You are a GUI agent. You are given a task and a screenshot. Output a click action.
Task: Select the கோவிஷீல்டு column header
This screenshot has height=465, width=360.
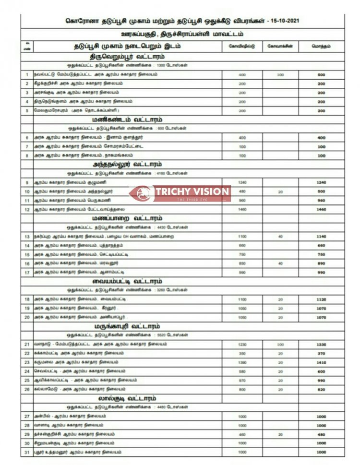(242, 47)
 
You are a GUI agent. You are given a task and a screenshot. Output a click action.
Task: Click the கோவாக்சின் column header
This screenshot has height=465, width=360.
(280, 47)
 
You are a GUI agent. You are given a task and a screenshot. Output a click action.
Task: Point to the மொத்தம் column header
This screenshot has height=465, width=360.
(321, 47)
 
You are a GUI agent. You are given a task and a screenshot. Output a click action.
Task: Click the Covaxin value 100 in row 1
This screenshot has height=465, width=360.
(280, 75)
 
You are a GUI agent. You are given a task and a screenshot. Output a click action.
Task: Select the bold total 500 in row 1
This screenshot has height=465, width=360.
(321, 75)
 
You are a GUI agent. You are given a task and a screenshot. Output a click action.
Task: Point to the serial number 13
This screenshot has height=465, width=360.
(27, 237)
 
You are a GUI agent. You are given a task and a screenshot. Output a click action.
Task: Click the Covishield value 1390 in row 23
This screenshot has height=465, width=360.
(242, 362)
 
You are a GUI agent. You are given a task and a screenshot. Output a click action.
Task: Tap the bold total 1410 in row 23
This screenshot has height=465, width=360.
(321, 362)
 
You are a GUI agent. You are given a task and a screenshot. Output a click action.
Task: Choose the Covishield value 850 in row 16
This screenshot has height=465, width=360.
(242, 263)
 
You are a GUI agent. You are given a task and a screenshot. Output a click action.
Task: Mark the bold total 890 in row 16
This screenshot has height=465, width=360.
(321, 263)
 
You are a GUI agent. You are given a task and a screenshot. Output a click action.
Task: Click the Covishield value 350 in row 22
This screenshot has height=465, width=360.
(242, 353)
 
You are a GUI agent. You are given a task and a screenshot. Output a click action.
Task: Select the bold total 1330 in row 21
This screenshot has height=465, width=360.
(321, 344)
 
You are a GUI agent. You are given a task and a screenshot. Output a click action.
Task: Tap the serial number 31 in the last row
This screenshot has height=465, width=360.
(27, 452)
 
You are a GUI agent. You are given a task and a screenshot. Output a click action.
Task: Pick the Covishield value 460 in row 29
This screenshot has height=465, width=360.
(242, 434)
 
